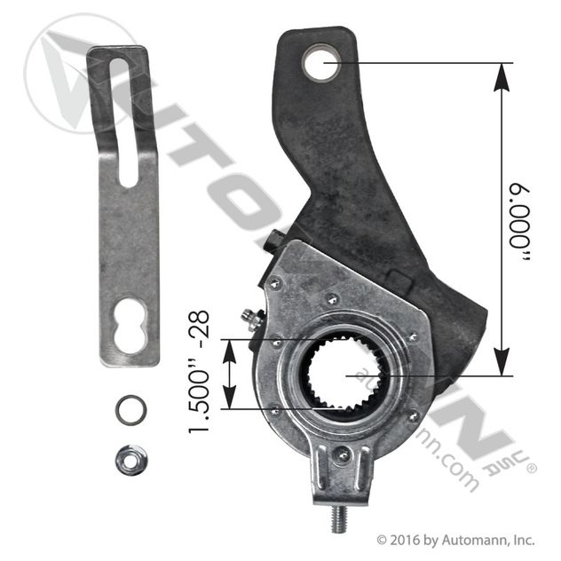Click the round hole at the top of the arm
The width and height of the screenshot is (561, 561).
pos(320,63)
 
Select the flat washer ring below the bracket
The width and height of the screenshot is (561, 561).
pos(130,411)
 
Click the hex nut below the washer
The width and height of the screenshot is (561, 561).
pos(130,458)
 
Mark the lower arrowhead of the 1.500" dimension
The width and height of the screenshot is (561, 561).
pos(231,400)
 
